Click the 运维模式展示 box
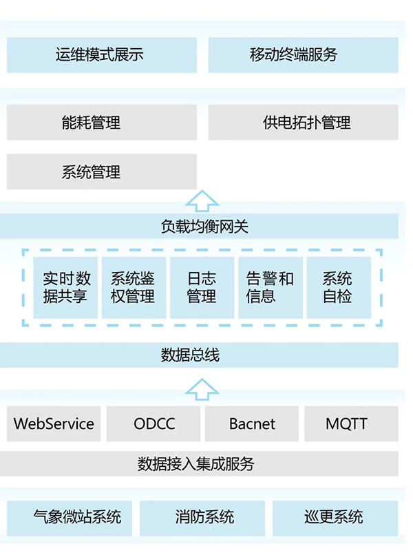point(101,55)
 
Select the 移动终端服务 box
point(303,55)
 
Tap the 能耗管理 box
point(101,123)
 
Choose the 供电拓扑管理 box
point(303,123)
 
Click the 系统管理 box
point(101,171)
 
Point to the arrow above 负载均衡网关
point(202,200)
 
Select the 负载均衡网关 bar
point(202,226)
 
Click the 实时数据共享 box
point(66,287)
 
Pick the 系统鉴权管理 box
point(134,287)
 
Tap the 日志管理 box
point(202,287)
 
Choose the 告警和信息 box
point(270,287)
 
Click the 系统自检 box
point(338,287)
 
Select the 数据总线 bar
point(202,355)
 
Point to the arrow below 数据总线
point(202,388)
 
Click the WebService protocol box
point(54,423)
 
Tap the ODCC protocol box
point(154,423)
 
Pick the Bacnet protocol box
point(252,423)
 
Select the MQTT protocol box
point(351,423)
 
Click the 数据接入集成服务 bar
point(202,463)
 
